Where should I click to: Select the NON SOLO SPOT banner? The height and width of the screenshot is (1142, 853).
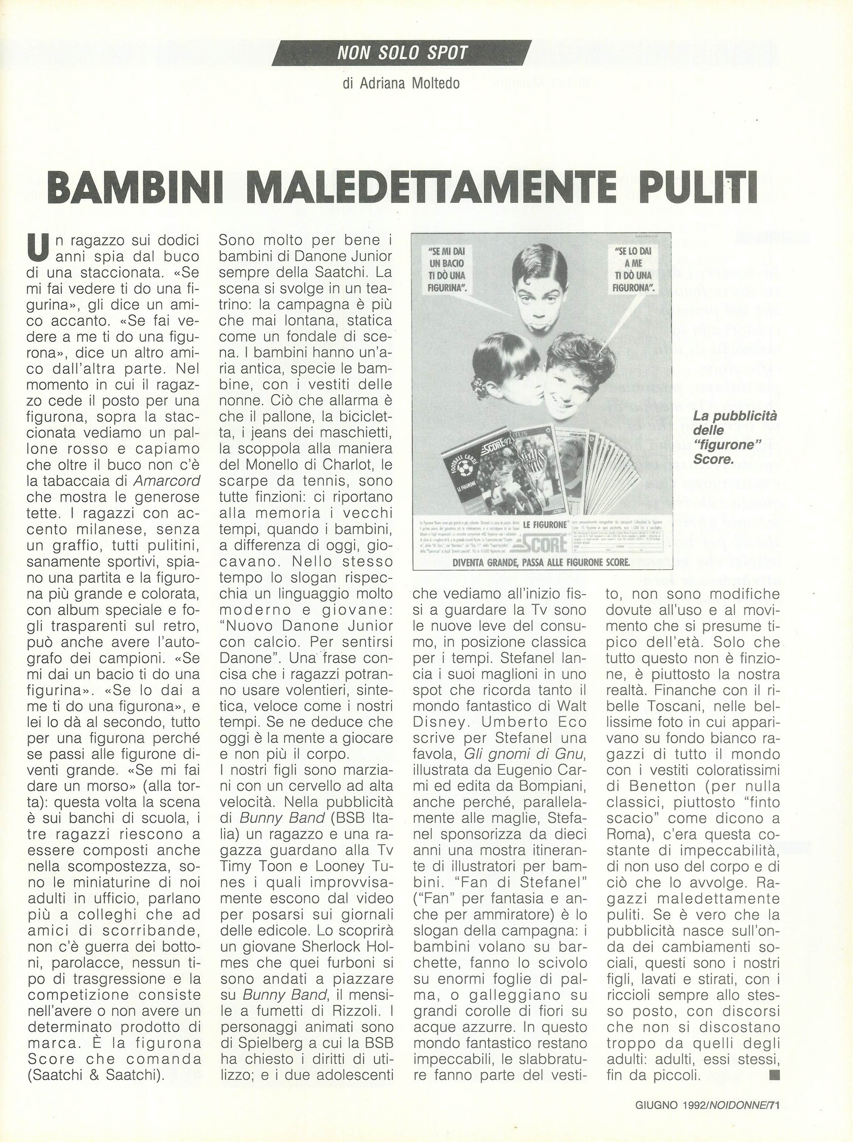[x=402, y=52]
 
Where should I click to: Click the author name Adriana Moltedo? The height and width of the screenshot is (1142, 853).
[x=401, y=83]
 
